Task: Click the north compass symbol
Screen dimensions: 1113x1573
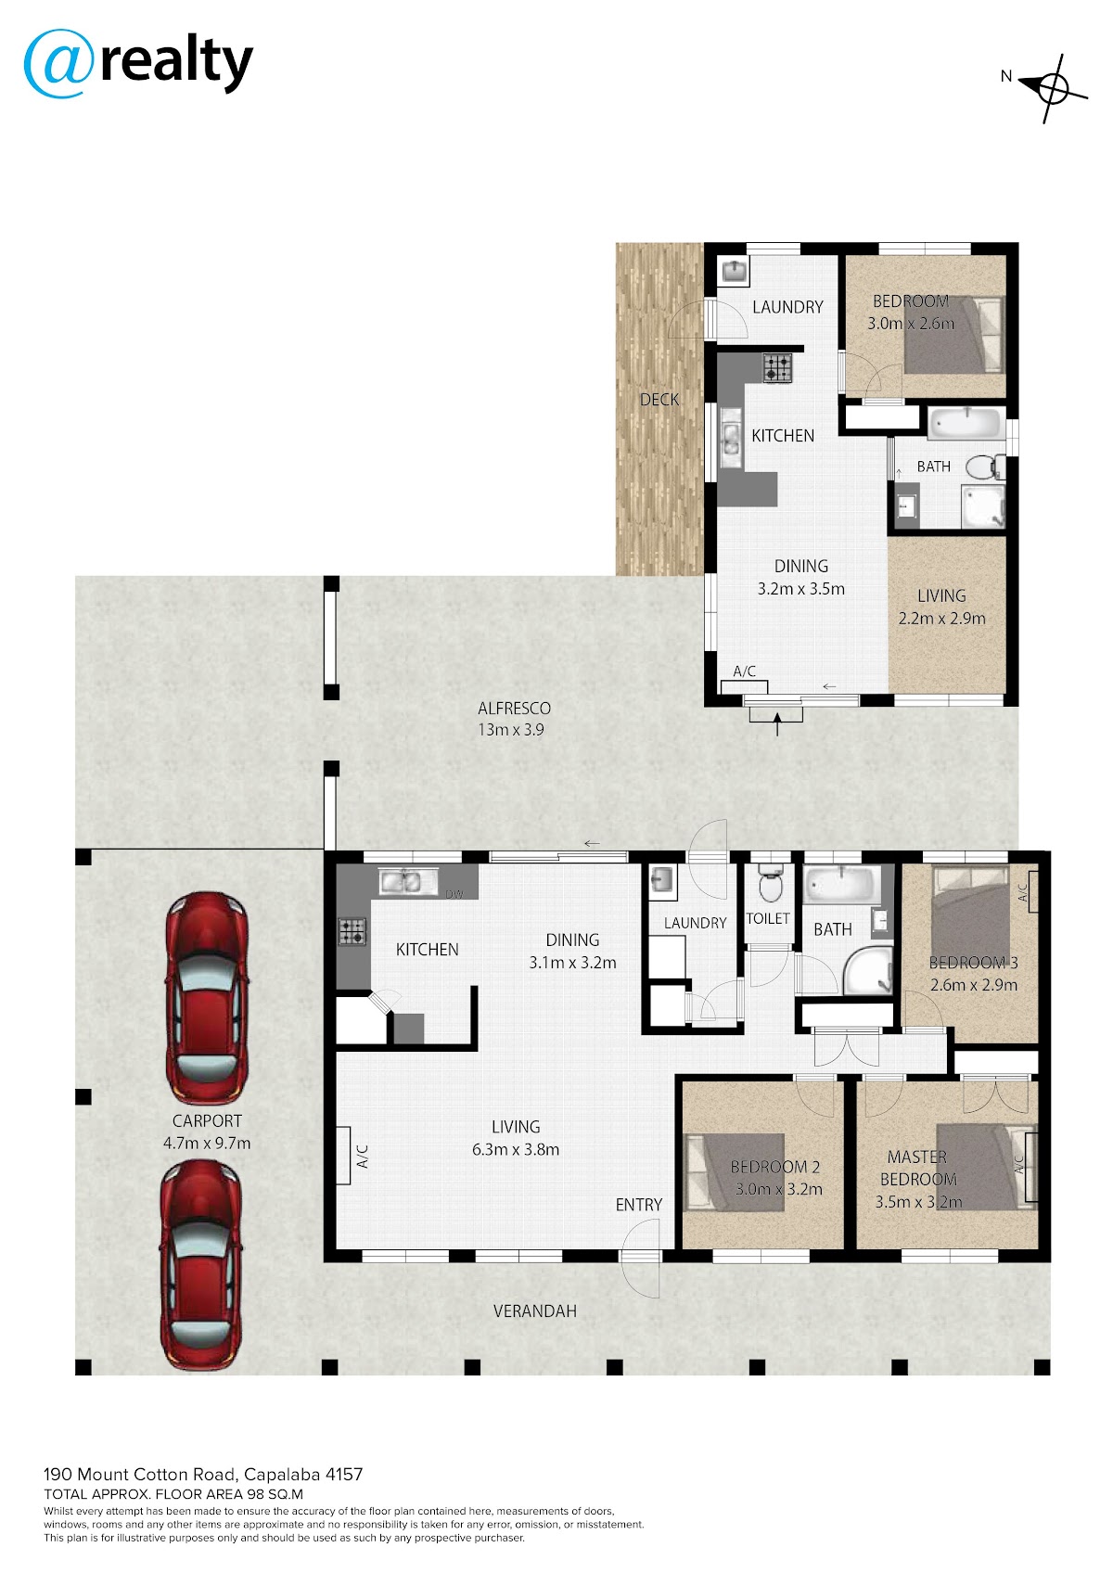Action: coord(1051,88)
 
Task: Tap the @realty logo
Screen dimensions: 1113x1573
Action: coord(138,63)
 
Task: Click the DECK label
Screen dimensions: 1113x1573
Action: coord(659,400)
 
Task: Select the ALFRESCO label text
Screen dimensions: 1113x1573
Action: coord(514,708)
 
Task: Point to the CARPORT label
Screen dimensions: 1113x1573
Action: coord(207,1120)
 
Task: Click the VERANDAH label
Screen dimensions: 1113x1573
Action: coord(534,1311)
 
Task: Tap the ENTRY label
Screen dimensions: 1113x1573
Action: coord(638,1204)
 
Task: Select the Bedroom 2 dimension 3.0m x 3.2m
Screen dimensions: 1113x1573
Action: coord(778,1189)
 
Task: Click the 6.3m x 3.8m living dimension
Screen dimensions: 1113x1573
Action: coord(516,1149)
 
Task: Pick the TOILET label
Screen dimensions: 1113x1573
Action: coord(768,918)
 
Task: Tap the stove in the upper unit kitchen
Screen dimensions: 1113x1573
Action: coord(777,367)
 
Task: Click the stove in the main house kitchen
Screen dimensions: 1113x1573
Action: coord(352,932)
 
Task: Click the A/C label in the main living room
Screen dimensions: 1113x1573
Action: coord(363,1156)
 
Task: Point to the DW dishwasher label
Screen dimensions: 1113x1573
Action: coord(454,894)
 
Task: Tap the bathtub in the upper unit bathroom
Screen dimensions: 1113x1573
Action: coord(965,423)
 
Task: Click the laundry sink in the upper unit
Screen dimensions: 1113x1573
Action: coord(733,271)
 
